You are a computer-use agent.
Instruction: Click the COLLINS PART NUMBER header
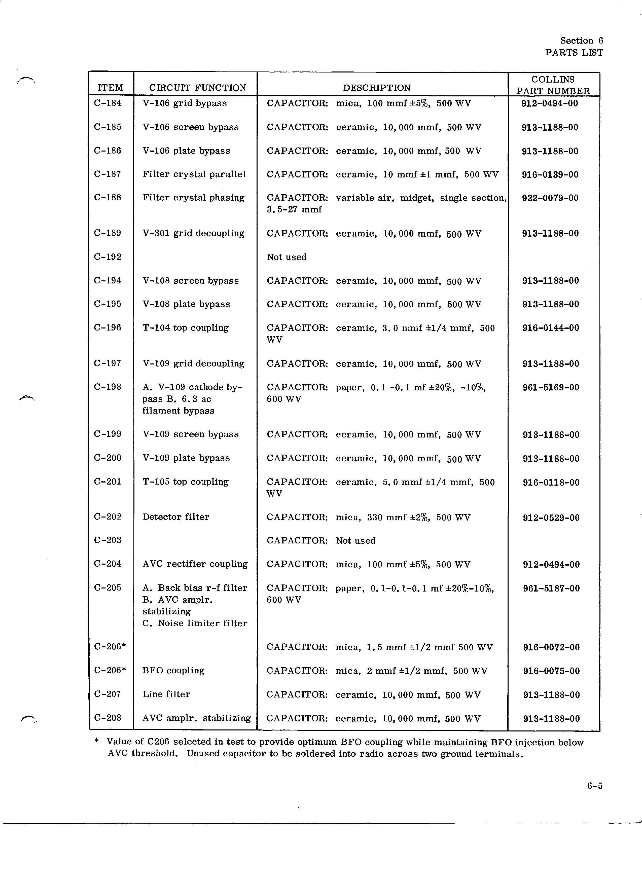[553, 85]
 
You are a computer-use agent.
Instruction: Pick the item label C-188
[108, 198]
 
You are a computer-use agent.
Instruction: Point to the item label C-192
[108, 257]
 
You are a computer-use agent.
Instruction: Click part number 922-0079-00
[550, 198]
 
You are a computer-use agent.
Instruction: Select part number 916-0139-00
[550, 174]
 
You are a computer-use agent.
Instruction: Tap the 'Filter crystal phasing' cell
[194, 198]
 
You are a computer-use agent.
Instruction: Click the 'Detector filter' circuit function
[175, 517]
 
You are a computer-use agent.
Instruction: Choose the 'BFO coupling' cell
[173, 670]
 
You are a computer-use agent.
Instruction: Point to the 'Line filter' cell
[166, 694]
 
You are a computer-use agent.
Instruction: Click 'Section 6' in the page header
[581, 41]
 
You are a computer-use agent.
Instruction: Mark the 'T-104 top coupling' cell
[185, 328]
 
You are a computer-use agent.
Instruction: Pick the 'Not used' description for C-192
[287, 257]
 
